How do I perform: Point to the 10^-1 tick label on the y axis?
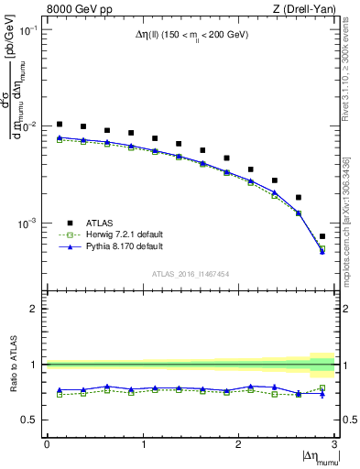click(x=27, y=30)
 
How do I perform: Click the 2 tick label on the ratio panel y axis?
click(x=35, y=309)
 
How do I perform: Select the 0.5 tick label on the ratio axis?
click(x=31, y=420)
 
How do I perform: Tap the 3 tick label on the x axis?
click(x=334, y=444)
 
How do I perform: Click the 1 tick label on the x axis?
click(x=143, y=444)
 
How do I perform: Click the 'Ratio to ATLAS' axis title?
click(x=12, y=365)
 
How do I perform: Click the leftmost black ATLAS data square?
click(x=60, y=124)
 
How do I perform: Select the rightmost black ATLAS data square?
click(x=322, y=236)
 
